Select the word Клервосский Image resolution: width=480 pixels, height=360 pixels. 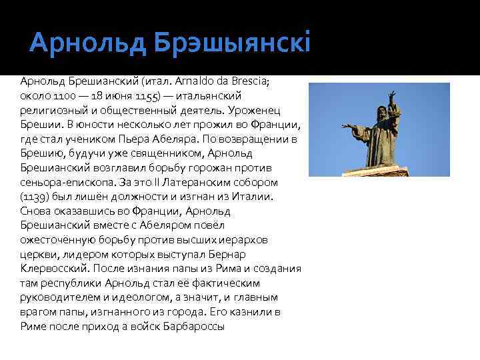53,269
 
